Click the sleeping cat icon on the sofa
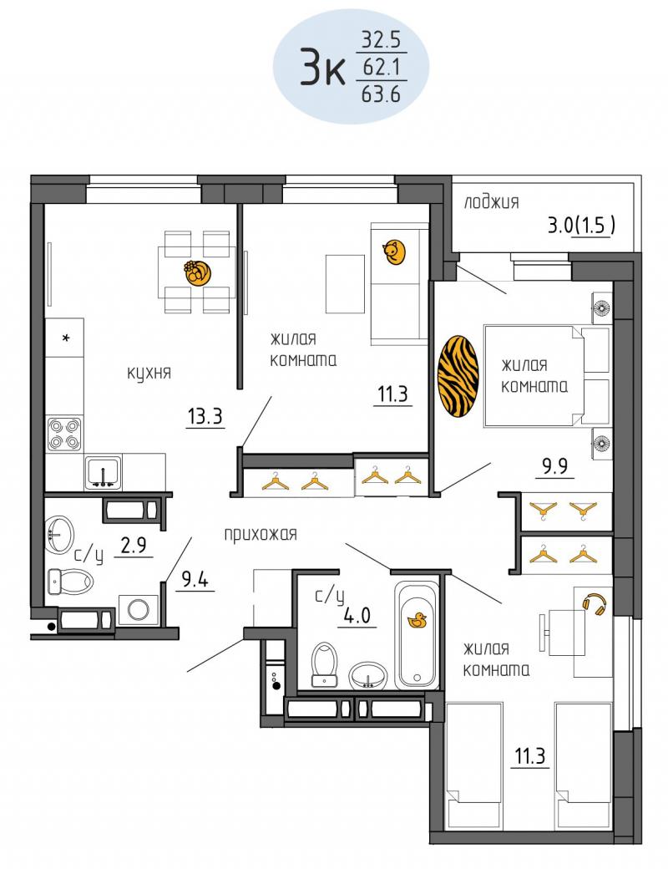(x=394, y=252)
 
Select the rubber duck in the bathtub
(x=417, y=620)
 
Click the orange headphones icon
(x=594, y=603)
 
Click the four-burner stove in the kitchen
(x=64, y=434)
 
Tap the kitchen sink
(x=103, y=472)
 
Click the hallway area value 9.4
(x=195, y=580)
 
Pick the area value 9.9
(x=554, y=466)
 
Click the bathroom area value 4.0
(x=357, y=616)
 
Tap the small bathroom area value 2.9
(x=134, y=546)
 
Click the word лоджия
(x=491, y=202)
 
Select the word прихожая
(x=261, y=534)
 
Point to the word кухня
(x=149, y=373)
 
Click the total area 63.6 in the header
(x=381, y=94)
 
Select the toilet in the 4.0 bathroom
(x=325, y=663)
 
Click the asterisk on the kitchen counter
(x=65, y=338)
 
